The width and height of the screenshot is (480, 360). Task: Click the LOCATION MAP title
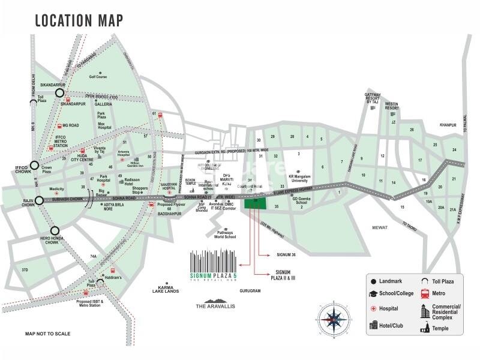pyautogui.click(x=79, y=20)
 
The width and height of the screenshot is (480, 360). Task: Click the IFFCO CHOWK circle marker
pyautogui.click(x=35, y=166)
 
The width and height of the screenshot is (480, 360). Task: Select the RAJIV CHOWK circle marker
pyautogui.click(x=40, y=200)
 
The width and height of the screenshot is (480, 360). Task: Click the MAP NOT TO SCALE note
pyautogui.click(x=47, y=334)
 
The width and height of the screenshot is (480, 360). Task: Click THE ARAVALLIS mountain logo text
pyautogui.click(x=217, y=306)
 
